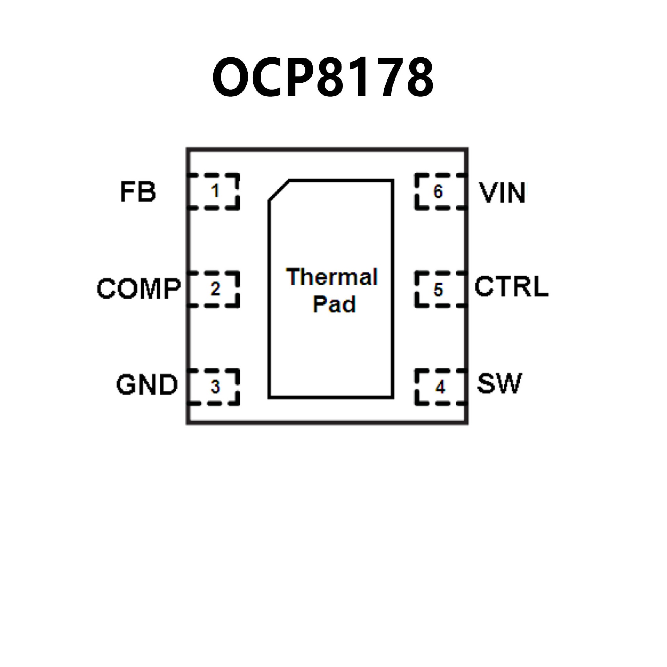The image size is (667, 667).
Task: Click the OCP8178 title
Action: [323, 77]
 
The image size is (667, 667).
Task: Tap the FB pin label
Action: [138, 192]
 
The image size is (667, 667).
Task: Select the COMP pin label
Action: [139, 289]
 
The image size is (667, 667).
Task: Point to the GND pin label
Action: [147, 385]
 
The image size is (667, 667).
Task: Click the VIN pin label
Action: [502, 193]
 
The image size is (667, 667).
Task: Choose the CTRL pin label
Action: [511, 287]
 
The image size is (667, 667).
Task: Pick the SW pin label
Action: [499, 384]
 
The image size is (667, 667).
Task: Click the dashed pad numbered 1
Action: [214, 191]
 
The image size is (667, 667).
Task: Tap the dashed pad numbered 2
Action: [214, 289]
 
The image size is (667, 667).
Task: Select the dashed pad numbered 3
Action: [214, 386]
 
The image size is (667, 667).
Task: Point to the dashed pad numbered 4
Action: [440, 386]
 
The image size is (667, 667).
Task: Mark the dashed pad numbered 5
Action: [440, 289]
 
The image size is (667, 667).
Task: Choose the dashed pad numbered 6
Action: [440, 191]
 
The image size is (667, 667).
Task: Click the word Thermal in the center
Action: [332, 277]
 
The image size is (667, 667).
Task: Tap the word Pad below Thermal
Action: [334, 304]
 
